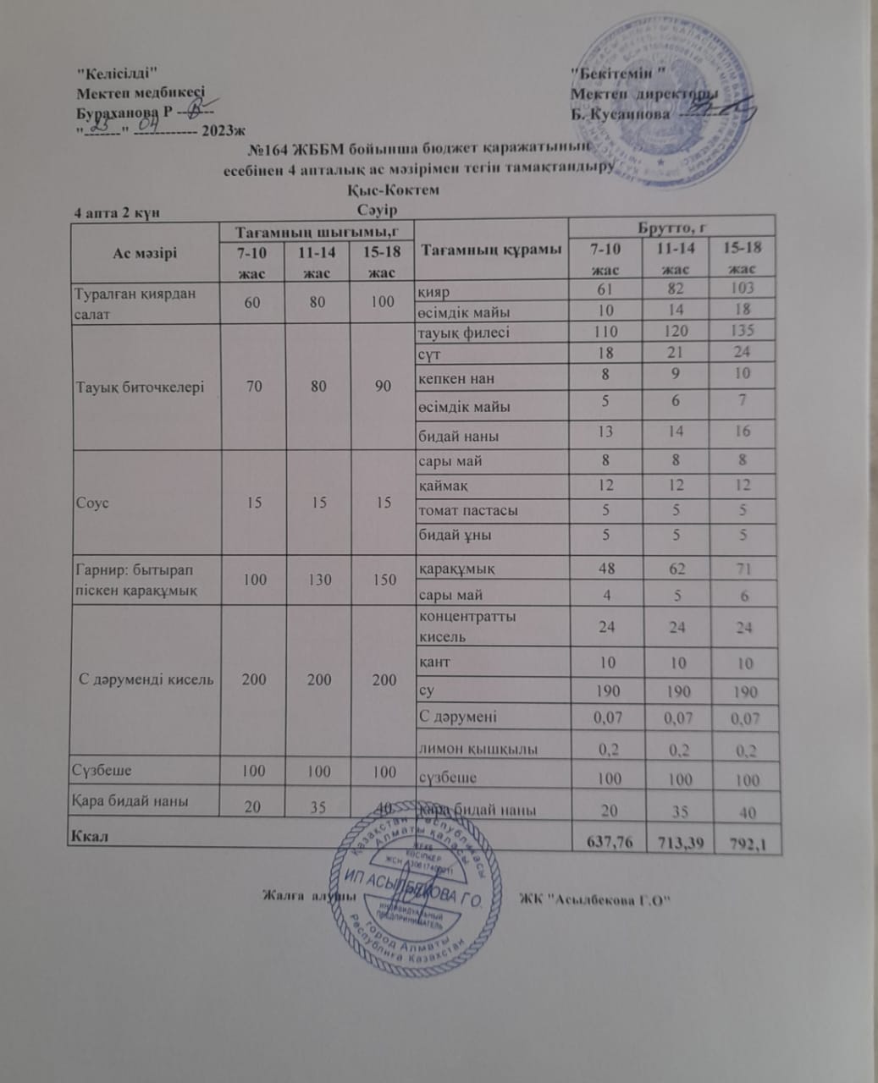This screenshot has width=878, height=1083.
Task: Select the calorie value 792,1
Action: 746,843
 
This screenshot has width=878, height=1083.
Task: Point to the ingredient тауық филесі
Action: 465,332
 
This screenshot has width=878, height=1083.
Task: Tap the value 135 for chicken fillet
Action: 742,330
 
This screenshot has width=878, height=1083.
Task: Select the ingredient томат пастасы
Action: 469,510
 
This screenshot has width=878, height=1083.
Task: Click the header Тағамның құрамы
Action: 491,250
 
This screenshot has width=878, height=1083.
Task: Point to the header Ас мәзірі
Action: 145,251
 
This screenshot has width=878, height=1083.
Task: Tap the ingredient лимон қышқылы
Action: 479,749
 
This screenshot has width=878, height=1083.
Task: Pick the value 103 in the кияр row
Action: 742,288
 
